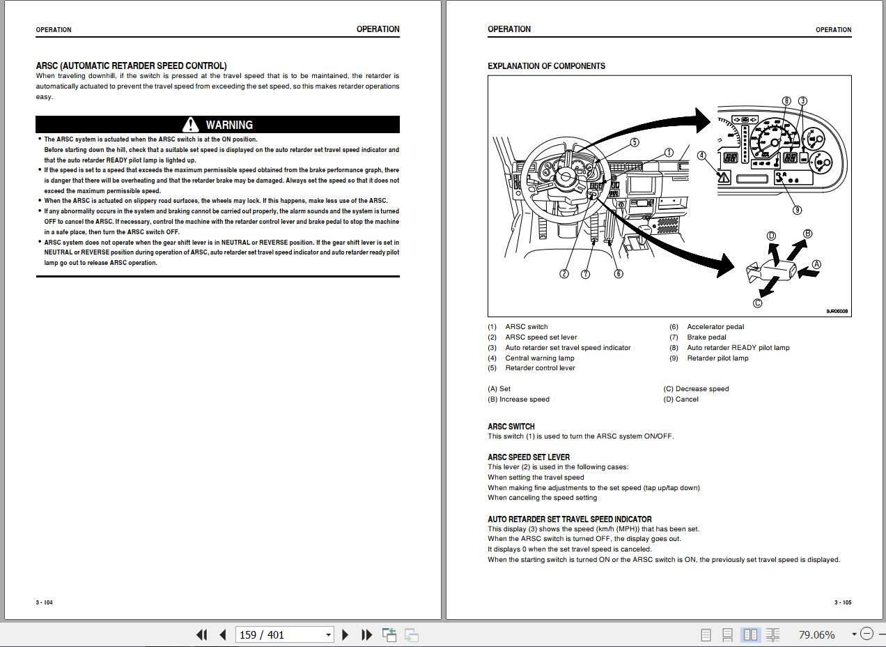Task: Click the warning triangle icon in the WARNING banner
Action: coord(190,124)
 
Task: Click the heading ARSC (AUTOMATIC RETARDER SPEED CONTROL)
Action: coord(132,66)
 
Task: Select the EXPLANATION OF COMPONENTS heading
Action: coord(546,66)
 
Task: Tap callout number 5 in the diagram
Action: coord(634,142)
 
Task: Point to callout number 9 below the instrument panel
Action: coord(797,210)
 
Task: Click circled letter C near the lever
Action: coord(757,303)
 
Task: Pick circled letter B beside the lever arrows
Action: coord(808,234)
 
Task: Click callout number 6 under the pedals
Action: coord(619,273)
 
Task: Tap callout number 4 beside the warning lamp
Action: coord(701,155)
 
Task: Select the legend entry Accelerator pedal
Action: coord(715,327)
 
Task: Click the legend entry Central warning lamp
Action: coord(540,358)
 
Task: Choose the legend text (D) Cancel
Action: coord(681,399)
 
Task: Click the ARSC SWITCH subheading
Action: coord(511,427)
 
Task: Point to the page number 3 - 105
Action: coord(843,602)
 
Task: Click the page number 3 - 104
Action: coord(45,602)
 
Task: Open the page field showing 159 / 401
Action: coord(284,634)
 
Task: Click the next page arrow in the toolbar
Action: coord(345,634)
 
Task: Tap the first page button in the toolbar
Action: coord(202,634)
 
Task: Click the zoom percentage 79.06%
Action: coord(816,634)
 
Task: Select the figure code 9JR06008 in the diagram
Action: coord(837,311)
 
